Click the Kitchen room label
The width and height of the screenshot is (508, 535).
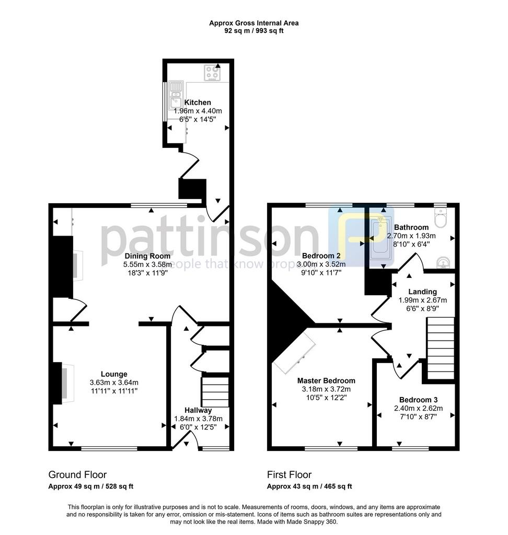pyautogui.click(x=198, y=102)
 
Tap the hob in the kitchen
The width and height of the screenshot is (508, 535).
pyautogui.click(x=212, y=73)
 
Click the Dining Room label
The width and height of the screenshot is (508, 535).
pyautogui.click(x=147, y=256)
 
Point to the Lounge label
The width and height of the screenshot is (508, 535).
pyautogui.click(x=114, y=374)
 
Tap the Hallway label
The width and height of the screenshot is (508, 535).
pyautogui.click(x=198, y=410)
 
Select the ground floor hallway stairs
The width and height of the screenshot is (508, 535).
pyautogui.click(x=215, y=392)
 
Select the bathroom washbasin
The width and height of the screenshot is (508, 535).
pyautogui.click(x=444, y=263)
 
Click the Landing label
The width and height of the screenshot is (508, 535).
pyautogui.click(x=423, y=292)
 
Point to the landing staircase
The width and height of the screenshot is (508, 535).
pyautogui.click(x=441, y=348)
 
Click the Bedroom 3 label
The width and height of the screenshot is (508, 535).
pyautogui.click(x=418, y=400)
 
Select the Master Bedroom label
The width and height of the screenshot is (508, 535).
pyautogui.click(x=326, y=380)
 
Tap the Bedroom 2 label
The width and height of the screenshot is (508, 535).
pyautogui.click(x=321, y=255)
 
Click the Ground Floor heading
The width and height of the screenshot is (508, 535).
pyautogui.click(x=77, y=474)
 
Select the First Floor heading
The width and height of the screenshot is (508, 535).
pyautogui.click(x=289, y=474)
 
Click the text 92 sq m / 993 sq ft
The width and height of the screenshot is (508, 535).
pyautogui.click(x=253, y=31)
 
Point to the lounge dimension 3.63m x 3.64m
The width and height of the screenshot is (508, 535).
pyautogui.click(x=114, y=382)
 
